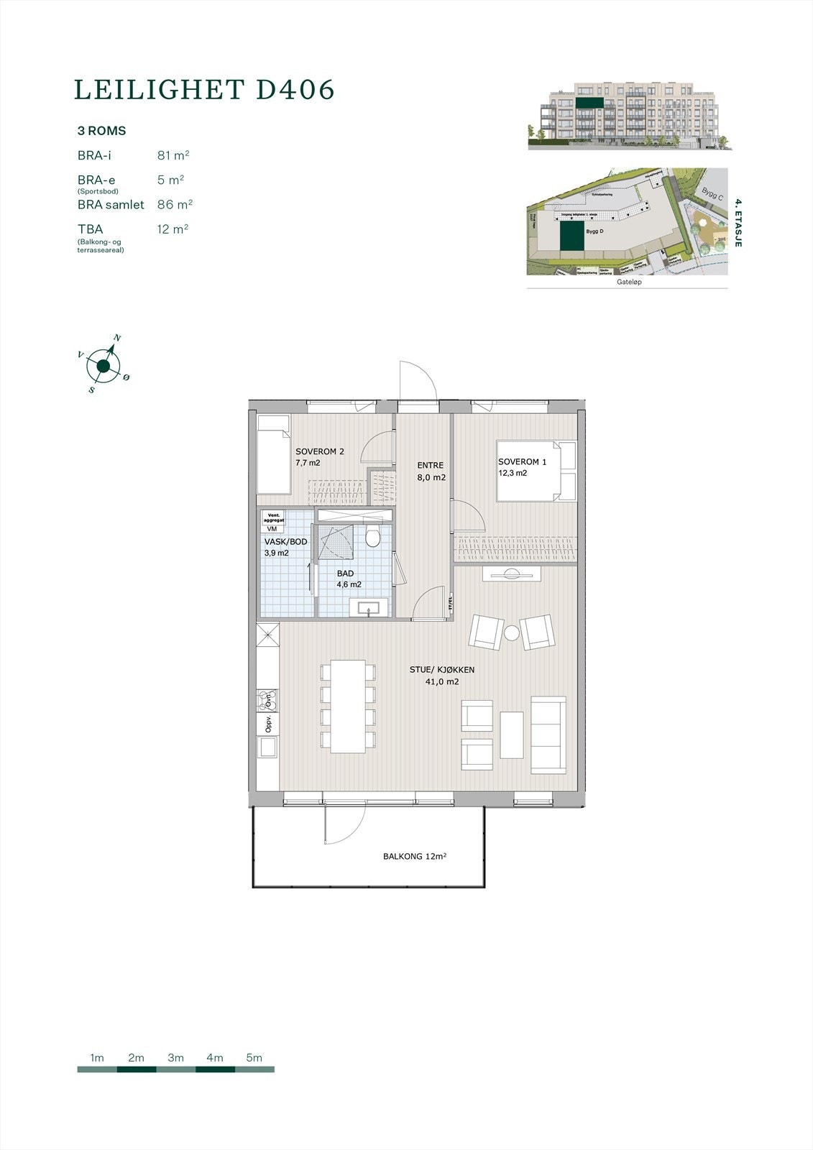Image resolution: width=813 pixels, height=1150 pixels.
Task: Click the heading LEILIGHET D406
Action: (x=205, y=90)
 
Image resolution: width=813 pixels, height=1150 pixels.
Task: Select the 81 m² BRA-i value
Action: (x=173, y=155)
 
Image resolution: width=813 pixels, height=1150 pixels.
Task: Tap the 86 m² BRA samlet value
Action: (x=175, y=205)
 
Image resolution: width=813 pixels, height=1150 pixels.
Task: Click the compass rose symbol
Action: (x=104, y=367)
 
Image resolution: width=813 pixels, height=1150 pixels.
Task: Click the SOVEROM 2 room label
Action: (x=320, y=452)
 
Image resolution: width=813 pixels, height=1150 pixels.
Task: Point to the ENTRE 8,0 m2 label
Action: (x=431, y=471)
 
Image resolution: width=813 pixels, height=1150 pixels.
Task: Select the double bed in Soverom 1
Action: (x=538, y=471)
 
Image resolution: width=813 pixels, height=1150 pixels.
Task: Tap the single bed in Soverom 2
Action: (x=274, y=454)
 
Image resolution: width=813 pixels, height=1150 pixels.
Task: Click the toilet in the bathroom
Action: (x=372, y=536)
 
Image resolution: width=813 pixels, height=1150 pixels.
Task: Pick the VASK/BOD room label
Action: (x=285, y=542)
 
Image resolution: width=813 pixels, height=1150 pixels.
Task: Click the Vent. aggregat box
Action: (x=274, y=517)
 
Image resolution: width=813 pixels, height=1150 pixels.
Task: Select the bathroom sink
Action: (x=369, y=609)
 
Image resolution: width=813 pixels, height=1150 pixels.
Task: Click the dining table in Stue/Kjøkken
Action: (x=348, y=706)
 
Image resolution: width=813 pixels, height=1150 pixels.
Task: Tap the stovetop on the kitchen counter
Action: (x=267, y=700)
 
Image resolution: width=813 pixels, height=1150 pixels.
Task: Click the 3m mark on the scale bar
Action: (x=175, y=1058)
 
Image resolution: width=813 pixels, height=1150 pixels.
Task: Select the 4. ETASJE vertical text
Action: (x=738, y=224)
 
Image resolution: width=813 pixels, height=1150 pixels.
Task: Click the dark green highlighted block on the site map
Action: (x=572, y=236)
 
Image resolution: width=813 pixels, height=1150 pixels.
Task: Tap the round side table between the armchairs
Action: (x=511, y=633)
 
